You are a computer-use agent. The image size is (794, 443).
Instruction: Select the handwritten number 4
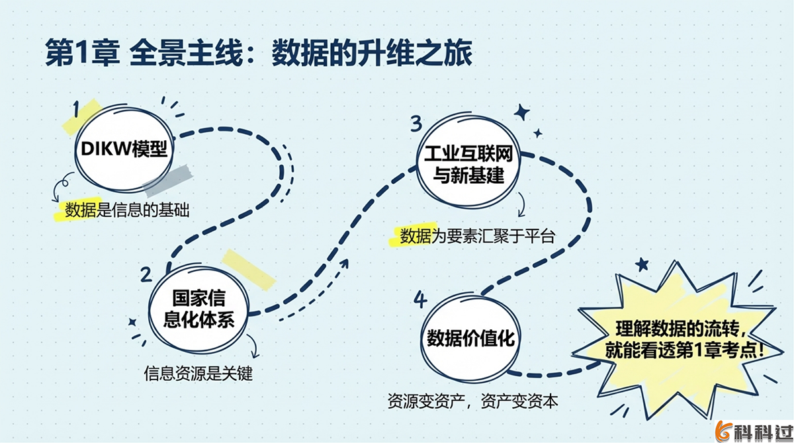pos(419,299)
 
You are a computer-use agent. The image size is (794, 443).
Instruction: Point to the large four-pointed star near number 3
pos(522,112)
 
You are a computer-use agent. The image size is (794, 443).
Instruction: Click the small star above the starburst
pos(641,264)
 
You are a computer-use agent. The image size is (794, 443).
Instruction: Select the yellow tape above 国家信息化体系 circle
pos(247,268)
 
